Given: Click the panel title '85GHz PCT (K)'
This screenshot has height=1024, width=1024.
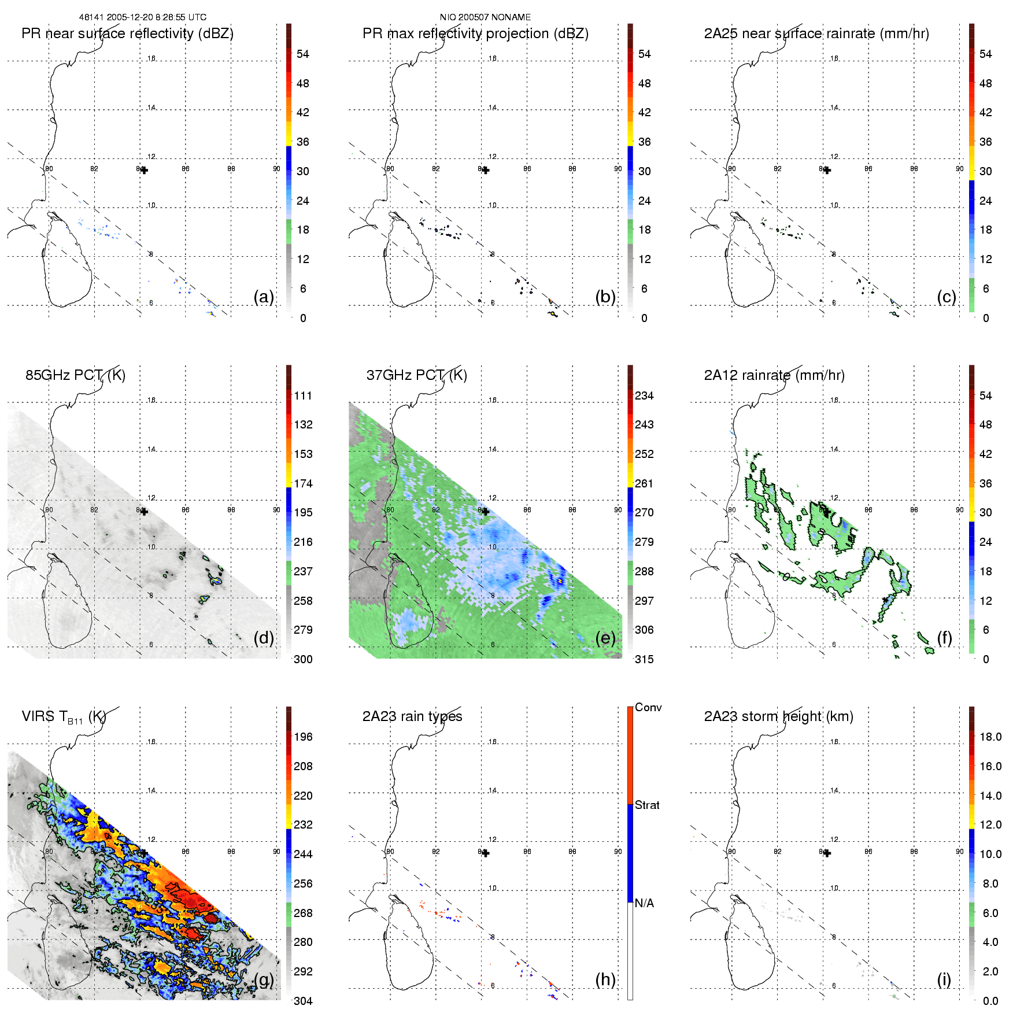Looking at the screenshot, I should [75, 375].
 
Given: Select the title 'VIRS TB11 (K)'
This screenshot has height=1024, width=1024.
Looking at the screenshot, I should [64, 717].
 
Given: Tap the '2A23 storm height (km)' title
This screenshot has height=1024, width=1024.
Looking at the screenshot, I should [778, 716].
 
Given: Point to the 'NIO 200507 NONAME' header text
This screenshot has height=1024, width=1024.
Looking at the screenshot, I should [485, 17].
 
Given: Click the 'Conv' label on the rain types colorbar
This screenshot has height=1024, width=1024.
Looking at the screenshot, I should [648, 707].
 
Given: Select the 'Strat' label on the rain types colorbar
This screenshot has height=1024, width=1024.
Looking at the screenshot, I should [647, 805].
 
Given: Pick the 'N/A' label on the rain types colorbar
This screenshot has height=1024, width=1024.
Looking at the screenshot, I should [644, 903].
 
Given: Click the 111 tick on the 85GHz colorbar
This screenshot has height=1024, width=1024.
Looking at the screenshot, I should [303, 395].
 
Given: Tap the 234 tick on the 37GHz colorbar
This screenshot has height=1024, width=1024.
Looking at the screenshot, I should [644, 395].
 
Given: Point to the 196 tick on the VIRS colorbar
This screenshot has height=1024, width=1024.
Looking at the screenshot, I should [303, 737].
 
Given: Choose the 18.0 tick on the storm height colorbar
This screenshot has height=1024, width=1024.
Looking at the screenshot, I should [990, 737].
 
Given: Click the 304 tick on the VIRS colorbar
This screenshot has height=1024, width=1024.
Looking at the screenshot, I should [303, 1001].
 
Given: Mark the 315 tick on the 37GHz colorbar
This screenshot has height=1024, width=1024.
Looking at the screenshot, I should [644, 659].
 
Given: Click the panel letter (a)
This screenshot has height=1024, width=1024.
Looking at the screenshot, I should [264, 297].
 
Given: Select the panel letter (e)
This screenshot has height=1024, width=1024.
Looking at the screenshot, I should [605, 638].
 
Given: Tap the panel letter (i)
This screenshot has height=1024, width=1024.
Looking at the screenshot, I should [944, 979].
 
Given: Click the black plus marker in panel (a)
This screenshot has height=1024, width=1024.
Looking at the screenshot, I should [144, 170].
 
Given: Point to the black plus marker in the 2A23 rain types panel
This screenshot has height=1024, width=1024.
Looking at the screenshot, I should [486, 853].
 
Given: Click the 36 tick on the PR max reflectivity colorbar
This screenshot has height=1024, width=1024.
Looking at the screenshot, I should [644, 142].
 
